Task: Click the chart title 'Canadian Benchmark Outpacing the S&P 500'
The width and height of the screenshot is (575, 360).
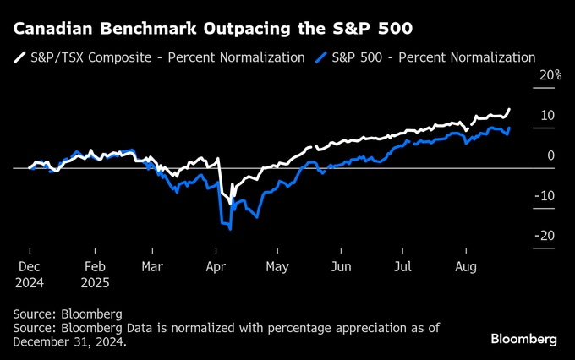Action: click(213, 29)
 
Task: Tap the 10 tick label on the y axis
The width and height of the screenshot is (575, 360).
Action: click(547, 115)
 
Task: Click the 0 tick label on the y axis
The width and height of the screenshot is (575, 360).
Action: click(550, 155)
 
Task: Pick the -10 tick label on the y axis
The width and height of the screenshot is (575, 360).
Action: click(545, 196)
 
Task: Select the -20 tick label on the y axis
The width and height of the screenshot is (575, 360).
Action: click(545, 236)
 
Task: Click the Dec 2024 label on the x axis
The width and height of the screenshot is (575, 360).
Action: click(29, 273)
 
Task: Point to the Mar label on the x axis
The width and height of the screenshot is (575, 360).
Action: click(152, 266)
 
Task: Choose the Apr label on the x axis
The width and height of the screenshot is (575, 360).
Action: click(216, 266)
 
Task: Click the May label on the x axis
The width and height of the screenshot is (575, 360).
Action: click(278, 266)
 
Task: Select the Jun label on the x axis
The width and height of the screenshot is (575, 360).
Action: click(340, 266)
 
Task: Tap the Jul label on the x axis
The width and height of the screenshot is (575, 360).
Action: click(402, 266)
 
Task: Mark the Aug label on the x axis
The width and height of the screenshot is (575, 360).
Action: click(466, 266)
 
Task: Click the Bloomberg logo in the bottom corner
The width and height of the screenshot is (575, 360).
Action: click(523, 339)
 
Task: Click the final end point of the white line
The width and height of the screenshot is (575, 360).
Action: click(509, 109)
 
